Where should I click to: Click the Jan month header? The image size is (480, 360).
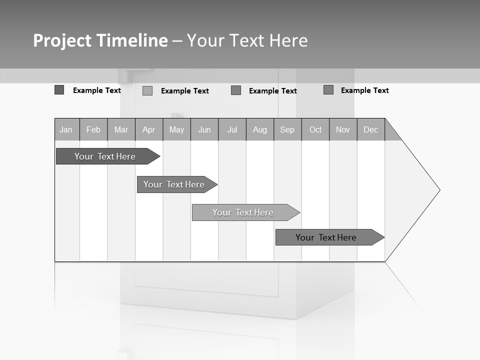(66, 129)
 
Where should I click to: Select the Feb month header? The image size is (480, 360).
(93, 129)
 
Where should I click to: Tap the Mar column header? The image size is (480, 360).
(121, 129)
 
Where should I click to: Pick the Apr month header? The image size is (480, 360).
(149, 129)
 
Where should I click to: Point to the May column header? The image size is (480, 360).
(176, 129)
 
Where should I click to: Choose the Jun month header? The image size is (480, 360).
(204, 129)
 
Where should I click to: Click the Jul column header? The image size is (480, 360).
(232, 129)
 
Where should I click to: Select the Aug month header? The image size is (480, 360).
(260, 129)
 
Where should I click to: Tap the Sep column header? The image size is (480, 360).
(287, 129)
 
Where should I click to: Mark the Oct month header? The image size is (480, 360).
(315, 129)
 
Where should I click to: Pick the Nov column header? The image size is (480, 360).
(343, 129)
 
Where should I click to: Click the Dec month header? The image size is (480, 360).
(371, 129)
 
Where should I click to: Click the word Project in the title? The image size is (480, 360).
(61, 40)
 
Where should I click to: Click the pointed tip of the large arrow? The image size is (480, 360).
(438, 190)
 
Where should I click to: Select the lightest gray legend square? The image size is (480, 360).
(147, 90)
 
